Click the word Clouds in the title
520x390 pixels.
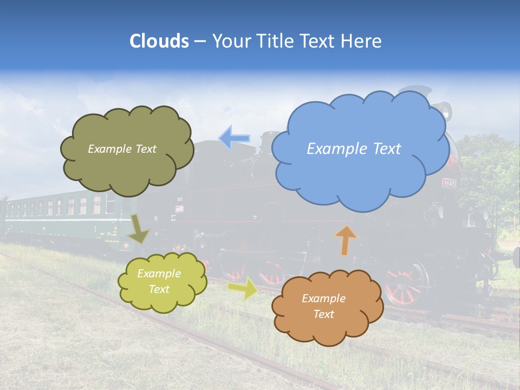pyautogui.click(x=159, y=41)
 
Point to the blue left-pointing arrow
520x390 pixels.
pyautogui.click(x=235, y=138)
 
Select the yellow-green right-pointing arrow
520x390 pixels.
pyautogui.click(x=243, y=288)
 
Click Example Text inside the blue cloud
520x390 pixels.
pyautogui.click(x=354, y=149)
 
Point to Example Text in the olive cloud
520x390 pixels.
pyautogui.click(x=122, y=149)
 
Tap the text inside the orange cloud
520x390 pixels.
pyautogui.click(x=323, y=306)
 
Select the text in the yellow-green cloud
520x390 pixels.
pyautogui.click(x=159, y=281)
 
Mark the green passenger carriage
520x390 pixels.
pyautogui.click(x=60, y=217)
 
